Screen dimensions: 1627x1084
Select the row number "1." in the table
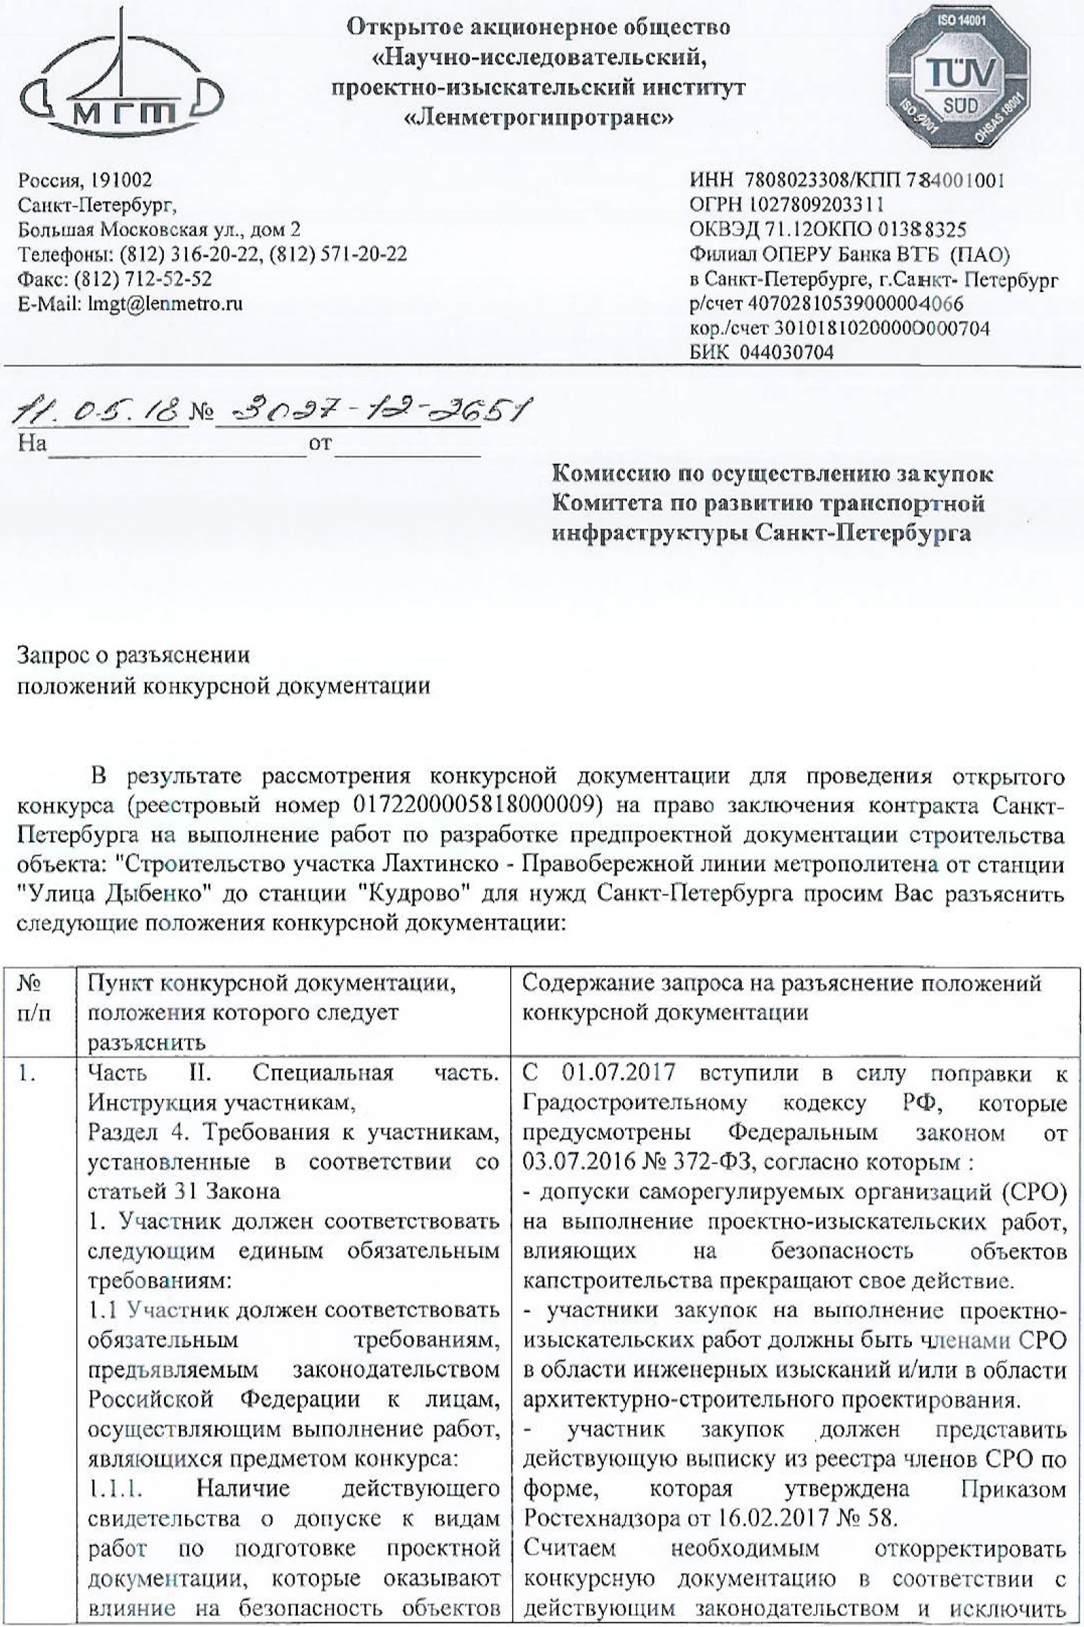[x=27, y=1073]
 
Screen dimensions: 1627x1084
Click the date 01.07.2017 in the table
[x=618, y=1072]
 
